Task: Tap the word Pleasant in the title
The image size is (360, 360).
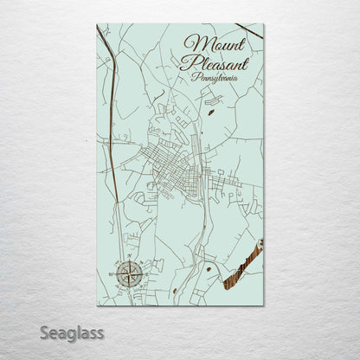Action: (214, 62)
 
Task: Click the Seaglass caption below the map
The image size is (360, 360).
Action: (76, 333)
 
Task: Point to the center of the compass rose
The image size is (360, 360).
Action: (130, 276)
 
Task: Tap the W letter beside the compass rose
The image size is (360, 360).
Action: (115, 276)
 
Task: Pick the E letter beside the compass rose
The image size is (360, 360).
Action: (145, 276)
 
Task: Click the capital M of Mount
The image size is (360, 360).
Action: (192, 45)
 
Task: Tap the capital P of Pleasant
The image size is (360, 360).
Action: (185, 62)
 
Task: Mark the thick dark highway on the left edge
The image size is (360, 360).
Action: (112, 87)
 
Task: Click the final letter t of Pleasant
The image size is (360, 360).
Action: (246, 62)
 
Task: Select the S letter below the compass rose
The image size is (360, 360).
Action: (130, 292)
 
